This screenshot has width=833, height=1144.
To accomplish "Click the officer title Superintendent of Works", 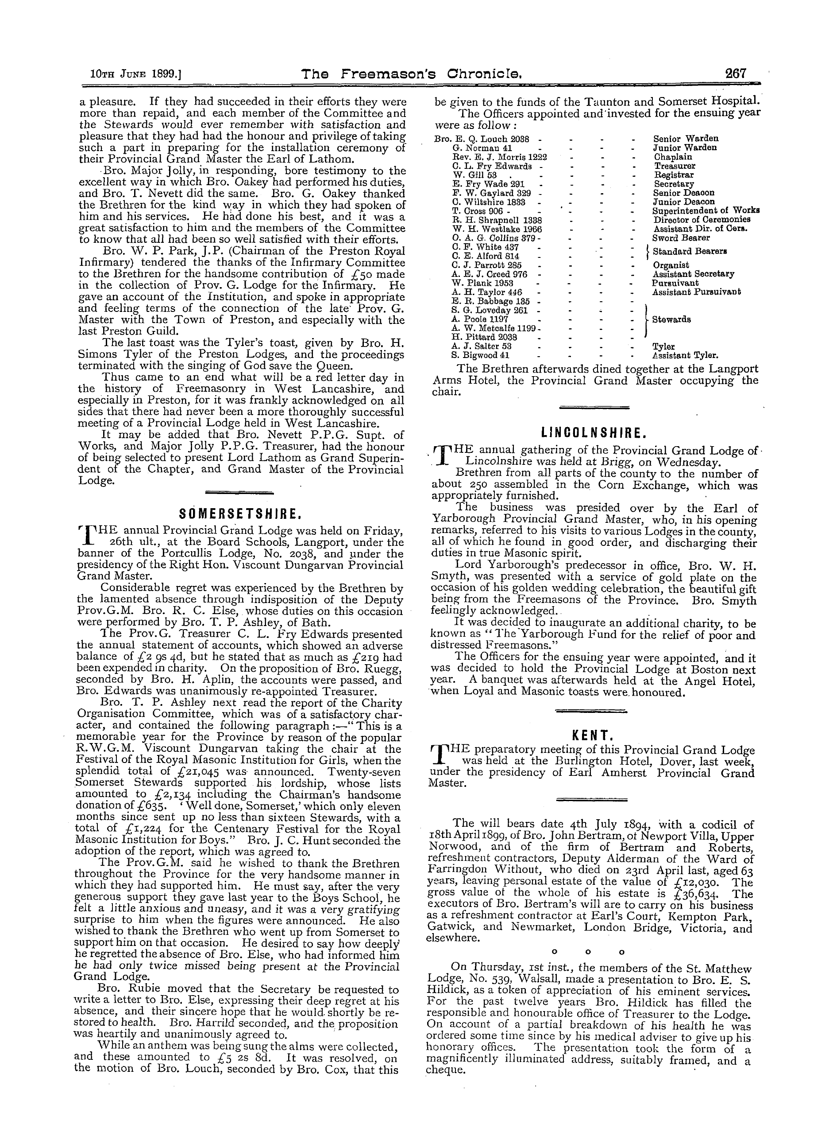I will tap(706, 210).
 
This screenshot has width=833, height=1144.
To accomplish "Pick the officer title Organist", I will tap(671, 265).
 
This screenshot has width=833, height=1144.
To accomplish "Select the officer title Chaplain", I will tap(673, 157).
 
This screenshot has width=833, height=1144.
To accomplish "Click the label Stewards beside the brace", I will tap(671, 319).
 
